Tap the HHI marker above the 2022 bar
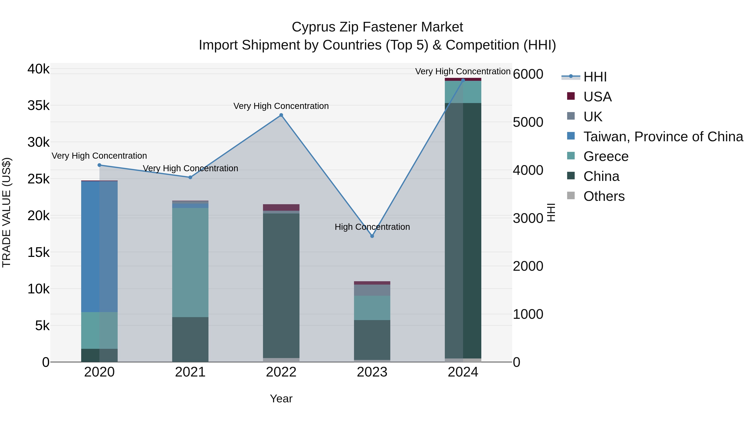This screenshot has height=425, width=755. point(281,115)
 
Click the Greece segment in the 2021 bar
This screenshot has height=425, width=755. point(190,263)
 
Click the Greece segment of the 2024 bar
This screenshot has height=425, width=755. point(463,92)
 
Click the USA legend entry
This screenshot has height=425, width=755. point(597,97)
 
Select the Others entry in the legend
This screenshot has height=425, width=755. point(604,196)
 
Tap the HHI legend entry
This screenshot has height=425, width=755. point(595,77)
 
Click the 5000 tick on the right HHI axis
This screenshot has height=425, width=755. point(528,122)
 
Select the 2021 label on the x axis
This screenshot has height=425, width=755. point(190,372)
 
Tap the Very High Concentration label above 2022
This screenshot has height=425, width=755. point(281,106)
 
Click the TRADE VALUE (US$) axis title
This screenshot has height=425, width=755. point(7,212)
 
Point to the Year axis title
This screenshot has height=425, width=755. point(281,399)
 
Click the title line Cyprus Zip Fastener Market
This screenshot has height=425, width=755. point(377,27)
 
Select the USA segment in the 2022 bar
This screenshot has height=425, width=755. point(281,207)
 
